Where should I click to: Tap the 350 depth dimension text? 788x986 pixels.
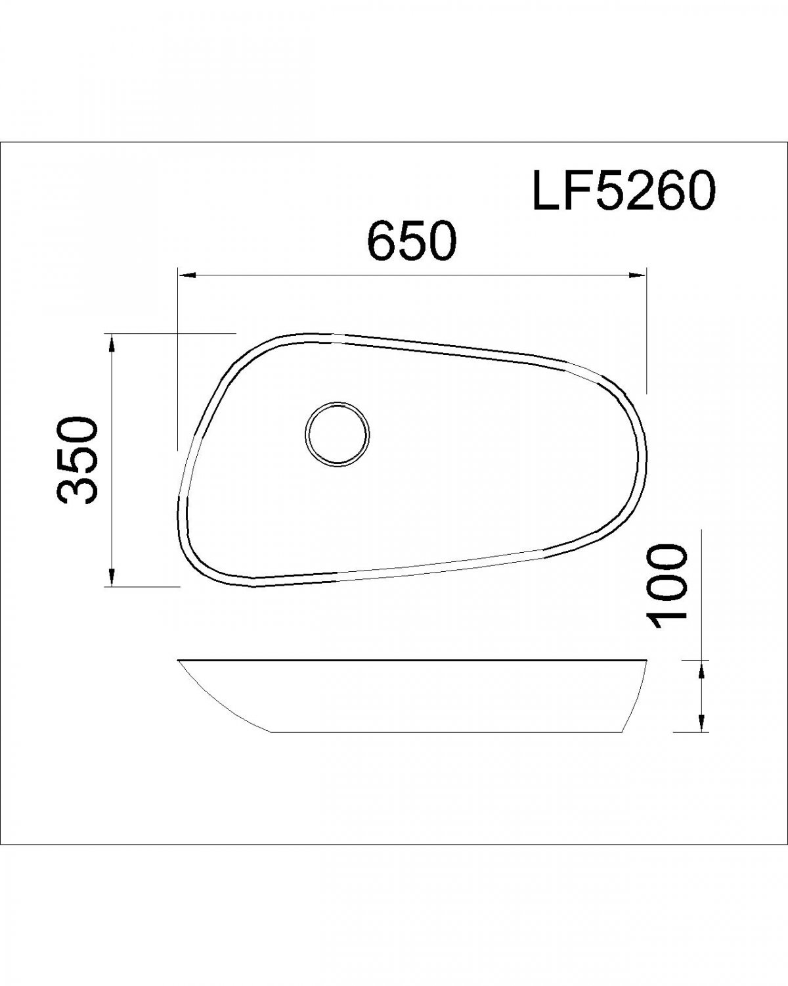point(77,460)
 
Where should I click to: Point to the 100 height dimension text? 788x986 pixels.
point(666,585)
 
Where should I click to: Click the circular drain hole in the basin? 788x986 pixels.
point(338,434)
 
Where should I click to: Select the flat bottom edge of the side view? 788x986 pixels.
point(447,732)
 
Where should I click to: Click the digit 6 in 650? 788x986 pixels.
point(382,241)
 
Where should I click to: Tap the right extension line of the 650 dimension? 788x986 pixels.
point(647,329)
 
